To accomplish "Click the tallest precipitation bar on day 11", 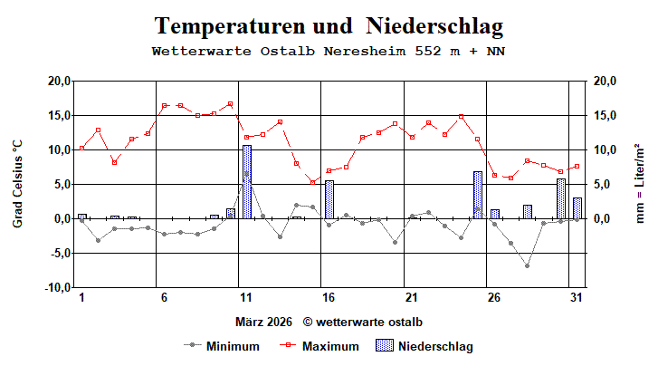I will click(x=246, y=181).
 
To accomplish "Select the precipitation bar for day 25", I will click(x=477, y=195).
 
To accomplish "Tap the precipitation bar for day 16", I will click(x=329, y=199).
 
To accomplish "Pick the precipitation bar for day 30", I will click(x=560, y=198).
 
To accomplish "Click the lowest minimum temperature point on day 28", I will click(x=527, y=265).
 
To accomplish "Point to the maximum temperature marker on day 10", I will click(x=230, y=104).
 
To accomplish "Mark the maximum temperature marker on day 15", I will click(x=312, y=181).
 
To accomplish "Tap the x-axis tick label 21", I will click(x=411, y=298).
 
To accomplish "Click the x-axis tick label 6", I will click(x=164, y=298).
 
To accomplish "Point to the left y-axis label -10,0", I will click(x=57, y=287).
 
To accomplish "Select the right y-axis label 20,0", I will click(x=605, y=82).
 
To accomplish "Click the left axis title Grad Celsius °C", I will click(x=17, y=184).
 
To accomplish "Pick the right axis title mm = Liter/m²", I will click(x=641, y=184).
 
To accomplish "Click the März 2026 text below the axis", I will click(x=264, y=322).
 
